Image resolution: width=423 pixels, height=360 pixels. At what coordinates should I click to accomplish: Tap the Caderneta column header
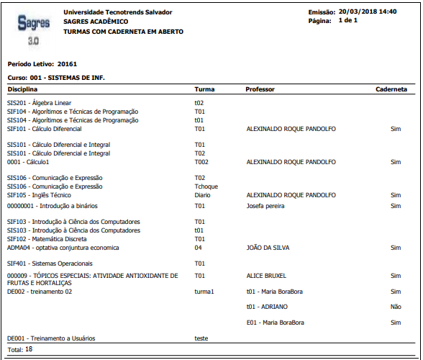pyautogui.click(x=391, y=89)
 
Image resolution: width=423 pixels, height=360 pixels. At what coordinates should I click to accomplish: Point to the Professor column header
pyautogui.click(x=260, y=89)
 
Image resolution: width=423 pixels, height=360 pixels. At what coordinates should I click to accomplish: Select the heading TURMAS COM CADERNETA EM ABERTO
pyautogui.click(x=123, y=32)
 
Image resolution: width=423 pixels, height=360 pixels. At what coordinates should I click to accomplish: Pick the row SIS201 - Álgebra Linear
pyautogui.click(x=40, y=103)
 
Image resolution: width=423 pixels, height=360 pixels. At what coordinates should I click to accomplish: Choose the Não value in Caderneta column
pyautogui.click(x=394, y=306)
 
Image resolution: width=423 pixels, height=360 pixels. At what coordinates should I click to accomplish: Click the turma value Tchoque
pyautogui.click(x=206, y=186)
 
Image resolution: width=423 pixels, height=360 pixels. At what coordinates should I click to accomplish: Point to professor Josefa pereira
pyautogui.click(x=265, y=205)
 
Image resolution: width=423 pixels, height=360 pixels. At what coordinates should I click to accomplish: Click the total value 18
pyautogui.click(x=29, y=349)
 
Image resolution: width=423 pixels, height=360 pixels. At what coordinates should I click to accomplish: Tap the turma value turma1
pyautogui.click(x=205, y=292)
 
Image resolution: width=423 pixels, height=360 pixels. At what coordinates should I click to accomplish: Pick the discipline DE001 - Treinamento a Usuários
pyautogui.click(x=50, y=338)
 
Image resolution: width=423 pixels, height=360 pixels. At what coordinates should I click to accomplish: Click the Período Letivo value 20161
pyautogui.click(x=67, y=63)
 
